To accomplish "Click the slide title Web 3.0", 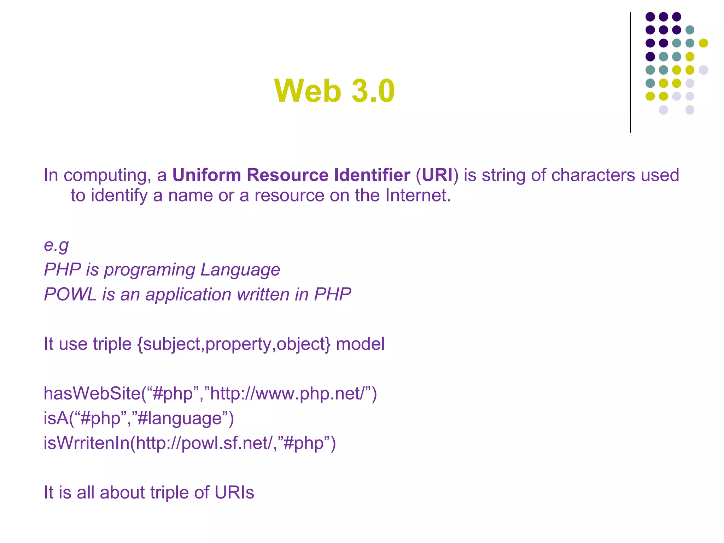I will coord(334,91).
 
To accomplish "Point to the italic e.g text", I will coord(56,245).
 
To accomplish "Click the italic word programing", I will coord(150,270).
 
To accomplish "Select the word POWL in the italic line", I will coord(70,294).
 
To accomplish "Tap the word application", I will coord(188,294).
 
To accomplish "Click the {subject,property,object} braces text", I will coord(234,344).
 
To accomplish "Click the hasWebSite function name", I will coord(92,393).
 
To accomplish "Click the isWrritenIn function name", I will coord(87,443).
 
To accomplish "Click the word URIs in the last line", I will coord(234,492).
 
